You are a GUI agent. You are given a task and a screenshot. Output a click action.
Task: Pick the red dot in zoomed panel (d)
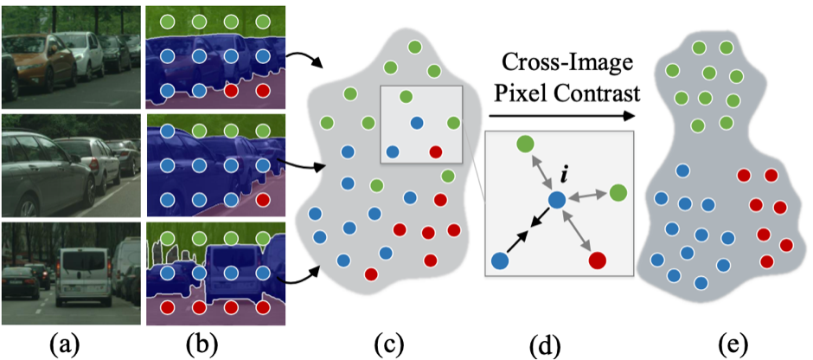click(x=597, y=259)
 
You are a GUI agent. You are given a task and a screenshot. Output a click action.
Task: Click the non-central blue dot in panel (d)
click(x=500, y=260)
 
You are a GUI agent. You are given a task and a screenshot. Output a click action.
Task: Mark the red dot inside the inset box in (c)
click(x=435, y=152)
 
